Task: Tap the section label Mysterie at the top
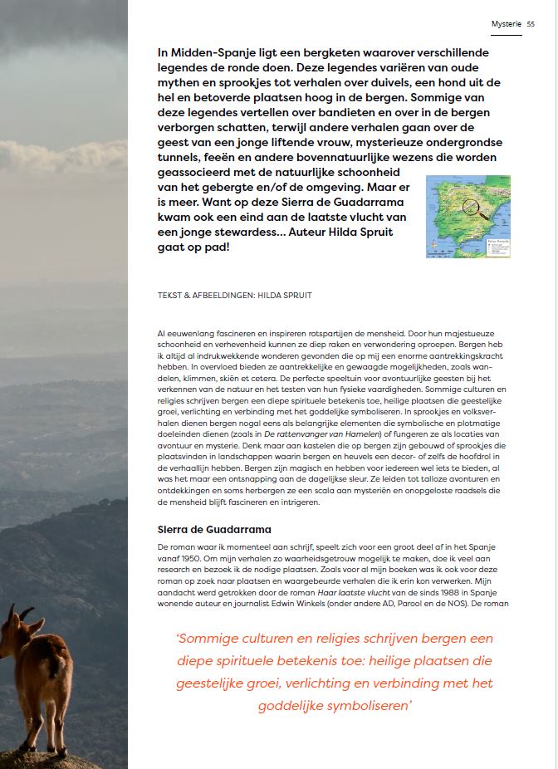point(506,25)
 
